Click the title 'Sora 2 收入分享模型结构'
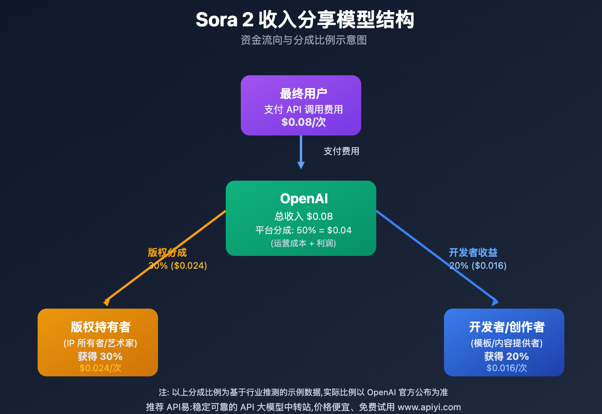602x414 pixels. tap(304, 20)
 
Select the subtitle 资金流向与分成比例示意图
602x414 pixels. tap(304, 40)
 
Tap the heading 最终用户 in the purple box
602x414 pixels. tap(303, 93)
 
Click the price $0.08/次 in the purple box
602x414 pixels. tap(303, 122)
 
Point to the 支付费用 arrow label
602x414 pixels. tap(341, 151)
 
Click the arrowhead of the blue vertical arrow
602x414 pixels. tap(301, 165)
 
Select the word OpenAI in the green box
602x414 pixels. tap(304, 198)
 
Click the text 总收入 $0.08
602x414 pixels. tap(304, 216)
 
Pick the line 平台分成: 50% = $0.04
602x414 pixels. tap(303, 230)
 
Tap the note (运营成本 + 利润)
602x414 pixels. tap(303, 244)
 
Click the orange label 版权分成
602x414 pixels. tap(167, 252)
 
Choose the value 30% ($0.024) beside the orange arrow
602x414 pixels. tap(178, 266)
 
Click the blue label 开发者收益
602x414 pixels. tap(473, 252)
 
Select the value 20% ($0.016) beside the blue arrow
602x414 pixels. tap(478, 266)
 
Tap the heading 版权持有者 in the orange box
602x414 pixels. tap(100, 327)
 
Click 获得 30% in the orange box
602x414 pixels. tap(100, 356)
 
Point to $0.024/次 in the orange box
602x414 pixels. tap(100, 368)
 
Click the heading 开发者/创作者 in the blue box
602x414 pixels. tap(506, 327)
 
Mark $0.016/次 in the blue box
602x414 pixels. tap(506, 368)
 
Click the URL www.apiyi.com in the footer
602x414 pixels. tap(429, 407)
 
